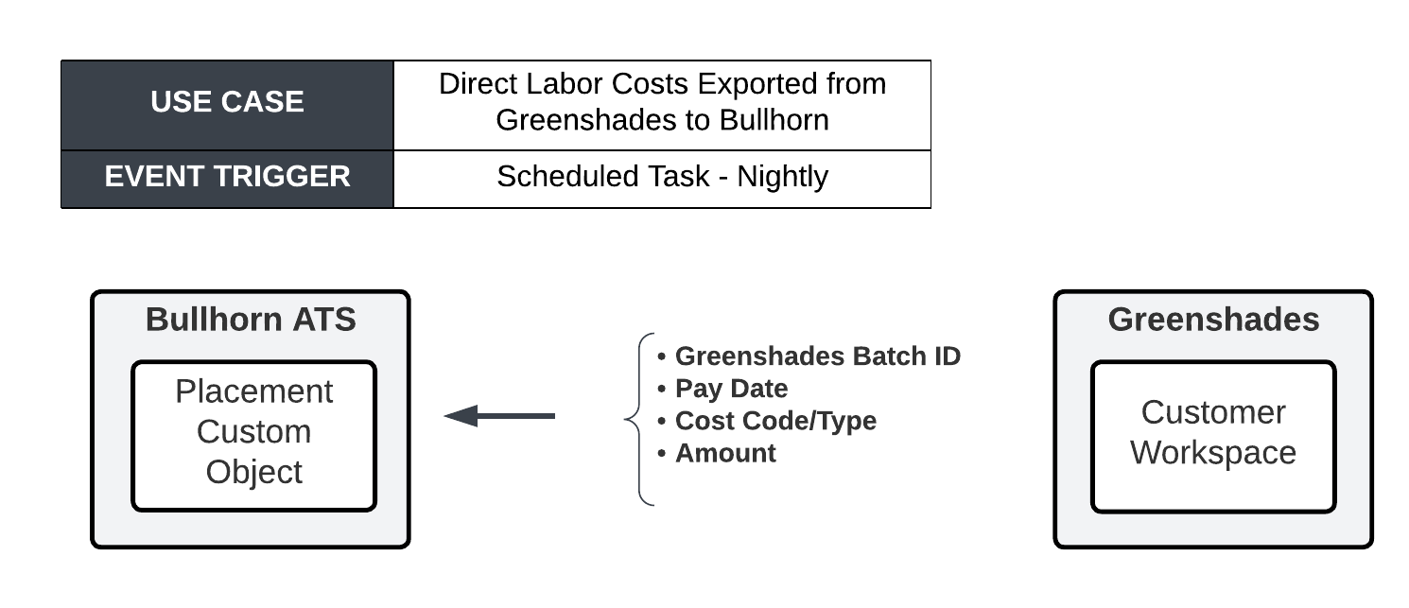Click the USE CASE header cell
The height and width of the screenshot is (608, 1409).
tap(227, 105)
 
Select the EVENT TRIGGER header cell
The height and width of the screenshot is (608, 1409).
tap(227, 180)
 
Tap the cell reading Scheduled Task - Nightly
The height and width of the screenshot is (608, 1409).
tap(662, 180)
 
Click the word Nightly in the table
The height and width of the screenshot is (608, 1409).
tap(782, 178)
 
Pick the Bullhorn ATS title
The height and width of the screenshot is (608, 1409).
tap(251, 320)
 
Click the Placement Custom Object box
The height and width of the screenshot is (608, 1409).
tap(254, 436)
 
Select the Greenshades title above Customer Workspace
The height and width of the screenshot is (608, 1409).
tap(1213, 320)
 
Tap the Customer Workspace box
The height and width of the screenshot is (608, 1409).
tap(1213, 436)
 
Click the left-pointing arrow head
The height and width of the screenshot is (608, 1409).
tap(461, 416)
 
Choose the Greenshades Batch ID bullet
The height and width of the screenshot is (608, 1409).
tap(809, 356)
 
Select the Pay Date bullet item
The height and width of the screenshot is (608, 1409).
tap(722, 389)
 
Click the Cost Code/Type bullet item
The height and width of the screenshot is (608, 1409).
tap(767, 421)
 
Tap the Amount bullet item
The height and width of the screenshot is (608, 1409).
tap(717, 453)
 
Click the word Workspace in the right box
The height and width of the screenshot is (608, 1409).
tap(1213, 453)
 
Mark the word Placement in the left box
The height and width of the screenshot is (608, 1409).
tap(254, 391)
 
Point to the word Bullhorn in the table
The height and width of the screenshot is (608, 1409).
tap(774, 120)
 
